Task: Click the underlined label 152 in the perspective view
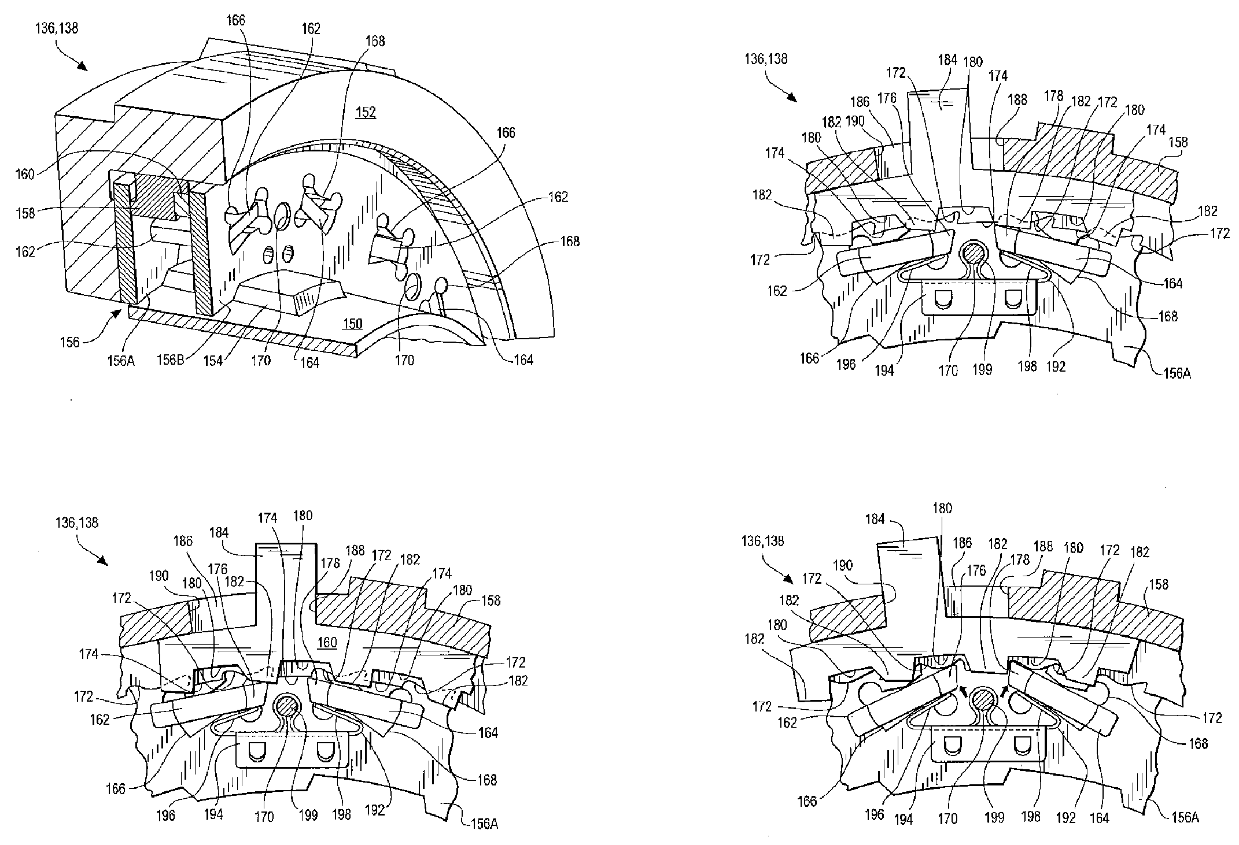[x=366, y=112]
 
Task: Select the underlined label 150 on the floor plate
[x=352, y=324]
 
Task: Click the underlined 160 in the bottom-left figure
[x=327, y=642]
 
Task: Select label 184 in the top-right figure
[x=947, y=60]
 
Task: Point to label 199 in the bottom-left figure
[x=308, y=815]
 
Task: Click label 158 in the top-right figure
[x=1179, y=142]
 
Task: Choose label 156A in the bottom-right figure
[x=1182, y=817]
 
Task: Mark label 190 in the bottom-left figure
[x=158, y=576]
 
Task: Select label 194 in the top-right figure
[x=885, y=371]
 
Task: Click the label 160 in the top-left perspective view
[x=25, y=174]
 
